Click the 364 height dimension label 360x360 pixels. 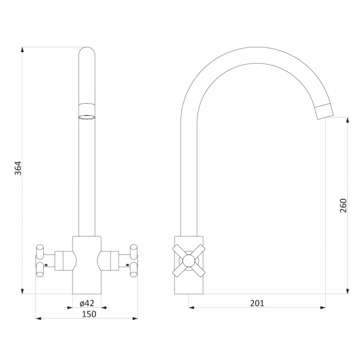18,168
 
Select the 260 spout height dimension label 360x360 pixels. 343,205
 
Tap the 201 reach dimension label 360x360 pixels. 257,303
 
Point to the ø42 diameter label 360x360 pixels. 87,303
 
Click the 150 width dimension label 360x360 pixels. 89,314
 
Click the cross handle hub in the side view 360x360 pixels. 189,260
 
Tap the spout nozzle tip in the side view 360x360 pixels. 324,112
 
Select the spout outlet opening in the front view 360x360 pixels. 87,117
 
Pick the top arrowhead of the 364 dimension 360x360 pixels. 22,50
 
